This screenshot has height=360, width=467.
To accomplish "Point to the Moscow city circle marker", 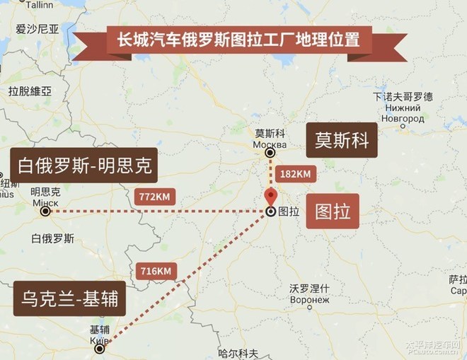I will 270,153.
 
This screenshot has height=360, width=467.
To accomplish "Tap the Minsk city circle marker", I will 45,211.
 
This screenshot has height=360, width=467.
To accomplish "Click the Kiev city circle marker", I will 100,348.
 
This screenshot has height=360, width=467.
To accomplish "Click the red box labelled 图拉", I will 333,211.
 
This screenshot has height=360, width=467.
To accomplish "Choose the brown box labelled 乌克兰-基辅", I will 69,301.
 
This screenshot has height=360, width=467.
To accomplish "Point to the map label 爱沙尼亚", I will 38,29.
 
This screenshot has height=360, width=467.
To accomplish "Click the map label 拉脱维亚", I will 30,91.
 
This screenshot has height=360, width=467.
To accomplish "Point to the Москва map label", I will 269,144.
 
